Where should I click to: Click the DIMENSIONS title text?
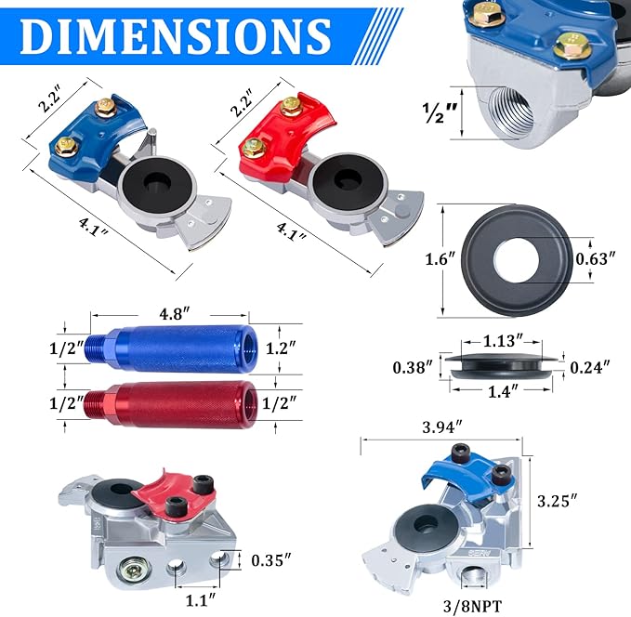click(176, 36)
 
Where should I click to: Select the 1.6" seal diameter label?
click(440, 258)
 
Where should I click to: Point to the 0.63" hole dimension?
click(596, 258)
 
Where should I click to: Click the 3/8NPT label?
click(473, 605)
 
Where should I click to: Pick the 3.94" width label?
click(442, 427)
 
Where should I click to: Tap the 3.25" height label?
click(558, 501)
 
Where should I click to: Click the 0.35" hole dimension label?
click(271, 559)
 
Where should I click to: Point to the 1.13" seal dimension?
click(503, 341)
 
